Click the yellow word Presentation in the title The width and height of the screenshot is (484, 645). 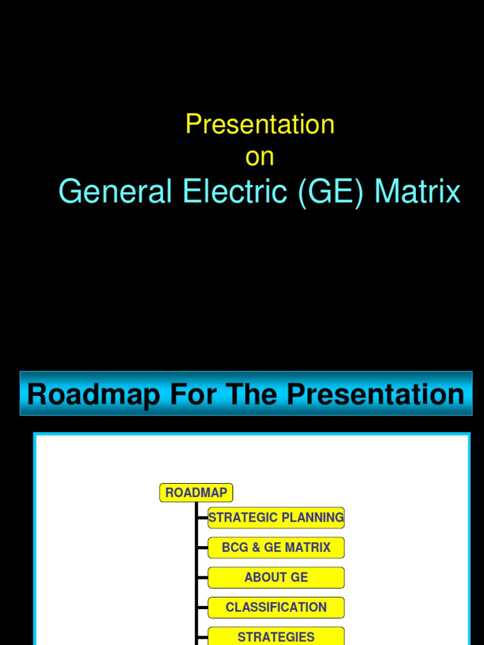click(260, 124)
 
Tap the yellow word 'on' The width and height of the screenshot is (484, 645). click(260, 157)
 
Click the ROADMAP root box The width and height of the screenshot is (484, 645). click(196, 493)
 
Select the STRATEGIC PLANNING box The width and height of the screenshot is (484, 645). click(276, 518)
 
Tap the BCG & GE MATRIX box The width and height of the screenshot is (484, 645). click(276, 547)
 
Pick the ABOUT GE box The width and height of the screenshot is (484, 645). click(276, 578)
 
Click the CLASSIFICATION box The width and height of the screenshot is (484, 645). click(276, 607)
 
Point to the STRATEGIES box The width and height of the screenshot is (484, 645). click(276, 636)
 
